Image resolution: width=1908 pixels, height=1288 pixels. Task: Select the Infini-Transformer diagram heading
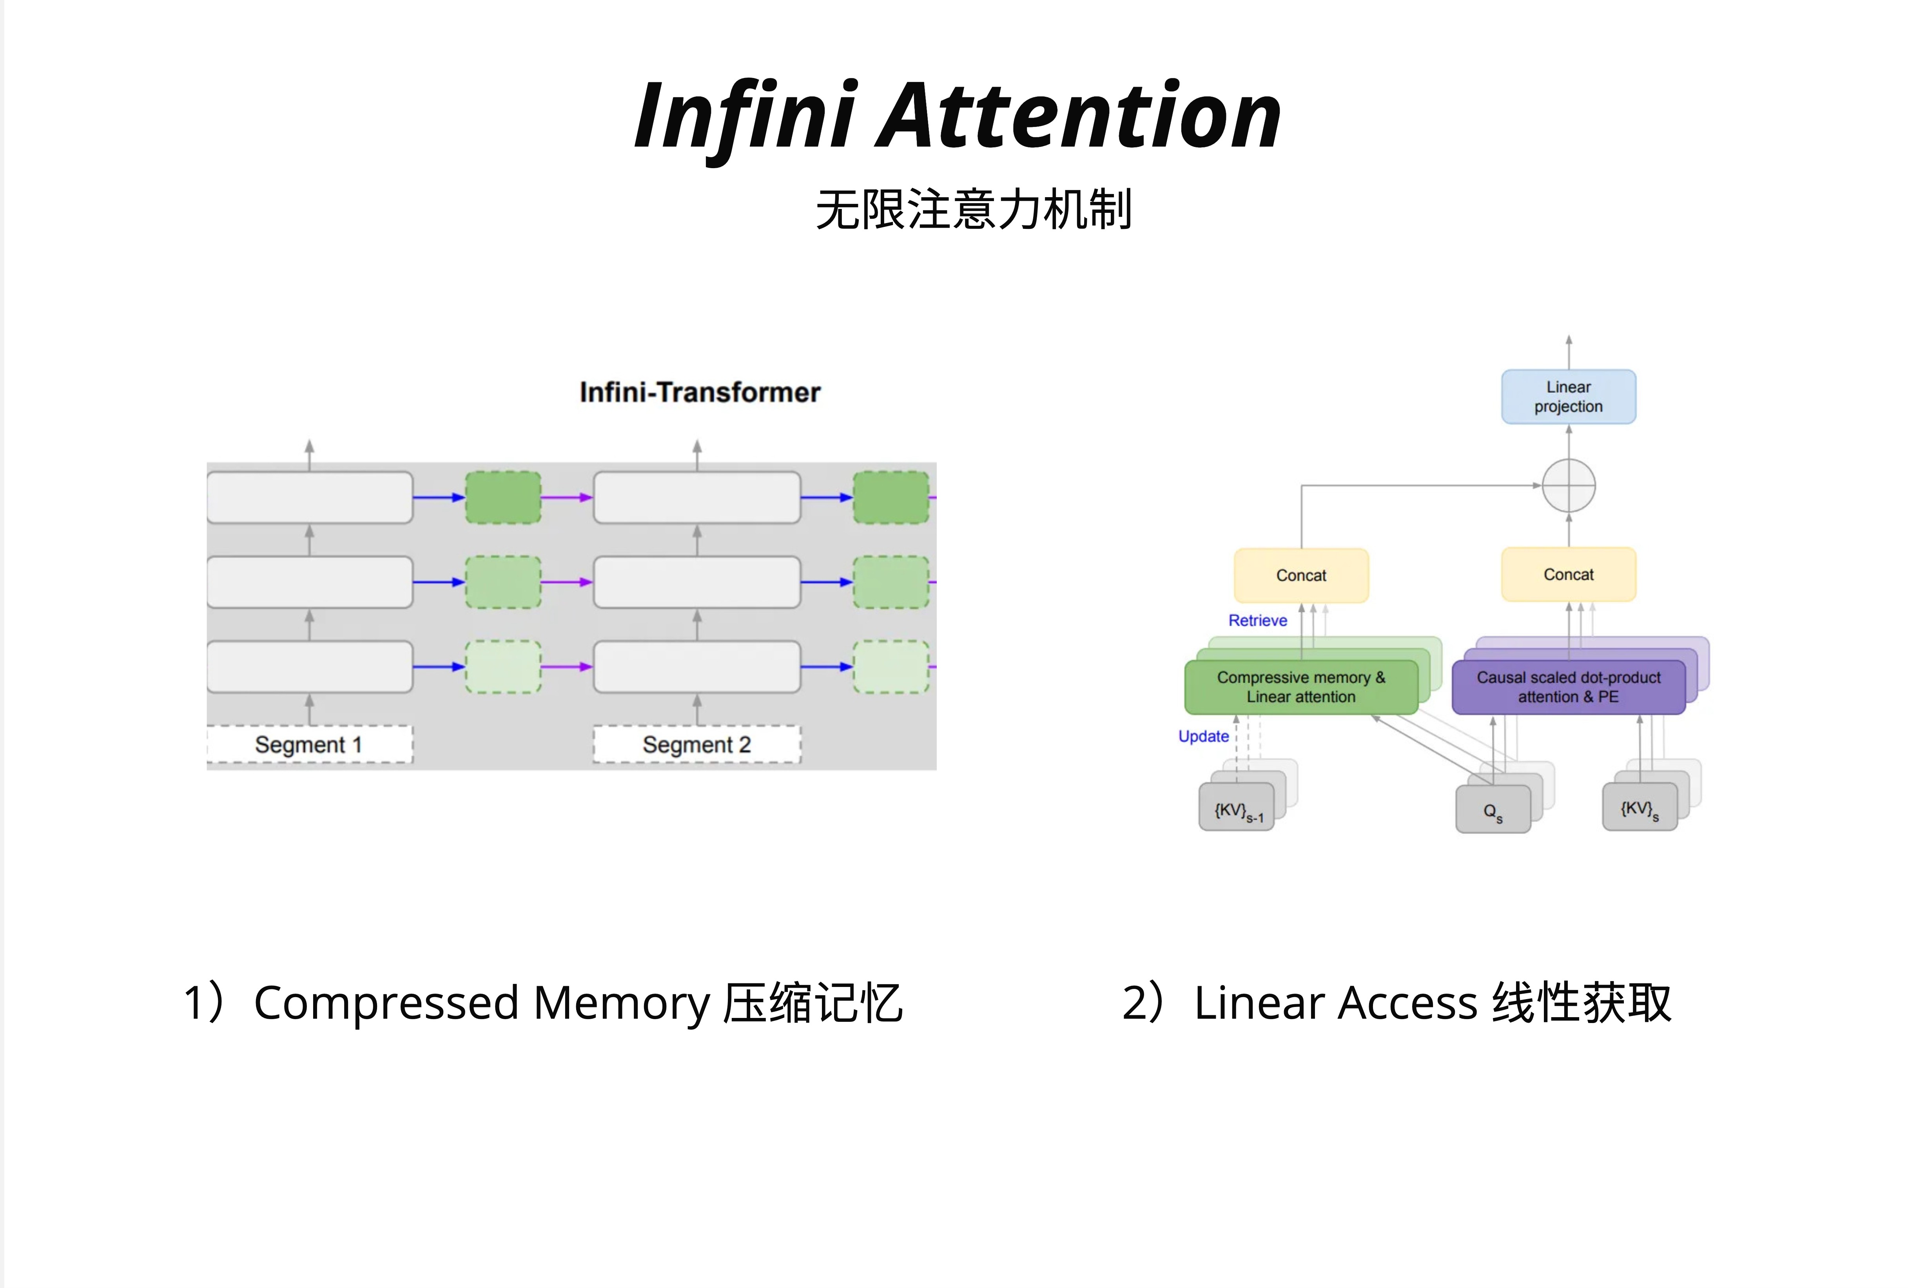click(700, 392)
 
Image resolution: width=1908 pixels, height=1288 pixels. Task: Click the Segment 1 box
click(309, 745)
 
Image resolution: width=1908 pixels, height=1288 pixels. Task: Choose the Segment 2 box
click(696, 745)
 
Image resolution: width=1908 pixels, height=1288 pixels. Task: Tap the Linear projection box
click(1568, 397)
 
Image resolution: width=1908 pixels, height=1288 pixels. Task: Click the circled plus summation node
click(1568, 486)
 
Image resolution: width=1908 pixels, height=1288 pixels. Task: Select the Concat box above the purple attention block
click(1568, 575)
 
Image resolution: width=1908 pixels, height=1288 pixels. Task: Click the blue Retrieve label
click(1257, 620)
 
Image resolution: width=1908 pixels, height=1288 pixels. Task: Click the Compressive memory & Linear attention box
click(1300, 687)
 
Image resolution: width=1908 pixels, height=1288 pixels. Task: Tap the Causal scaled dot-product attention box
click(1568, 687)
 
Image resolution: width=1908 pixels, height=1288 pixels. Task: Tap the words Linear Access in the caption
click(1336, 1003)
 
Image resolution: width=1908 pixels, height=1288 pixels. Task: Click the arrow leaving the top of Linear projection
click(1568, 351)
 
